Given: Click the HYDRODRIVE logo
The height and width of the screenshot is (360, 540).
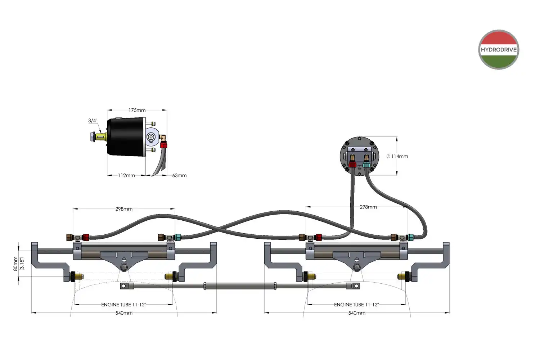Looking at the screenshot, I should pyautogui.click(x=499, y=50).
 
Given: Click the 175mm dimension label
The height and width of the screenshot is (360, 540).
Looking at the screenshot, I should pyautogui.click(x=137, y=110).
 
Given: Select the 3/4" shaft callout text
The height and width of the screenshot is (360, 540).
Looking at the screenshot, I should pyautogui.click(x=93, y=121).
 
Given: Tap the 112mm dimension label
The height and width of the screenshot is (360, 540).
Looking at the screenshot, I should pyautogui.click(x=126, y=175).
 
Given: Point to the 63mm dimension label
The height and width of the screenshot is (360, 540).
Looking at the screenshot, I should pyautogui.click(x=179, y=175).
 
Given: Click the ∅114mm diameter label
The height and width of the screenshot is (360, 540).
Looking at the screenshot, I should pyautogui.click(x=397, y=156).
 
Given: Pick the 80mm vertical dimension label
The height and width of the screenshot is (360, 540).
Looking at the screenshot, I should pyautogui.click(x=15, y=264).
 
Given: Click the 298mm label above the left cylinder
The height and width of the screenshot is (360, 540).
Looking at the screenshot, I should pyautogui.click(x=124, y=209).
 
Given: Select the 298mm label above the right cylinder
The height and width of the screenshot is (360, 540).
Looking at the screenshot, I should pyautogui.click(x=368, y=207).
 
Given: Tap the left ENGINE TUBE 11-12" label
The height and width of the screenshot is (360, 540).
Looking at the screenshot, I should pyautogui.click(x=123, y=305).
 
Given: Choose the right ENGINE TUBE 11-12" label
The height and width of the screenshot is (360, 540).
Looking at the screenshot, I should pyautogui.click(x=356, y=305).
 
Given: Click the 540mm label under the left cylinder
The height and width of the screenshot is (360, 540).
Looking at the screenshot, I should pyautogui.click(x=124, y=313).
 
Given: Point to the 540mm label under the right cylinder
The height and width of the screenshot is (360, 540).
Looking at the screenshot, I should pyautogui.click(x=357, y=313).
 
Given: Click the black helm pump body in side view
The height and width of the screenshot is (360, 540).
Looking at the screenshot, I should pyautogui.click(x=126, y=137).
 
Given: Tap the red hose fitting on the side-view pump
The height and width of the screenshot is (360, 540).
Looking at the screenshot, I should pyautogui.click(x=164, y=145).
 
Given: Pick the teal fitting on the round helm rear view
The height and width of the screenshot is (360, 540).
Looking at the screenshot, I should pyautogui.click(x=366, y=165).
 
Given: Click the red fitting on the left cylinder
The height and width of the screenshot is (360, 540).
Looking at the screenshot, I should pyautogui.click(x=86, y=237).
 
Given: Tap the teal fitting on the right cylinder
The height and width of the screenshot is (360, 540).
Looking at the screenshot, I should pyautogui.click(x=410, y=237).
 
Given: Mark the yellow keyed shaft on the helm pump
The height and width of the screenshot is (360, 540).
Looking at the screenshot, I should pyautogui.click(x=101, y=137).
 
